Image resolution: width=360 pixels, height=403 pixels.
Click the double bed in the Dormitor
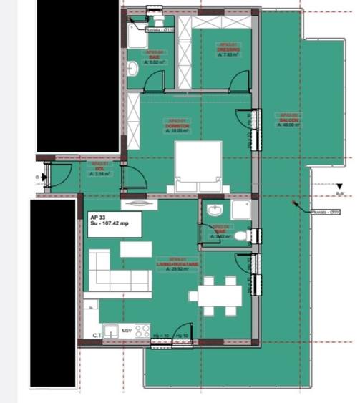point(198,165)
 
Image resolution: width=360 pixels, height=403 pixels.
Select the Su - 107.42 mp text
point(110,224)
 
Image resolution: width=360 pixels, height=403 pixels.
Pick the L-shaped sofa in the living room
point(115,273)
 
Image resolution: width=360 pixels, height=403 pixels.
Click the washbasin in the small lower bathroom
point(213,210)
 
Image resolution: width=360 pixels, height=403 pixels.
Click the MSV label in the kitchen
point(126,331)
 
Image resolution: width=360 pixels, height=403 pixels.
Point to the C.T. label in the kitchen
point(97,335)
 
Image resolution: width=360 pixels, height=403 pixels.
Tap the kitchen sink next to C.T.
point(111,331)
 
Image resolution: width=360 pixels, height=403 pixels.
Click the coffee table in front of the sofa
point(135,249)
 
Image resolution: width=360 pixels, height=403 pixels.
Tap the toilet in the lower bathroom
point(241,235)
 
